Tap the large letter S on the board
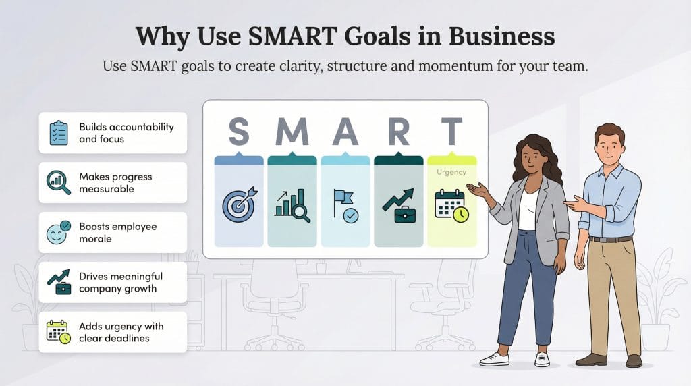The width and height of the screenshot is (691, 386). coord(238,132)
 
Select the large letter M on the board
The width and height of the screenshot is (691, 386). coord(292,132)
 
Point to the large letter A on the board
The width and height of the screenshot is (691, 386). coord(345,132)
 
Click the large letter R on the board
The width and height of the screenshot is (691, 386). coord(398,132)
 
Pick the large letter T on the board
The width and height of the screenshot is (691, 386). coord(451,132)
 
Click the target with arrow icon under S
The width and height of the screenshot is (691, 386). coord(239,204)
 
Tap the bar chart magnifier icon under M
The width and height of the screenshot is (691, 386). coord(292,205)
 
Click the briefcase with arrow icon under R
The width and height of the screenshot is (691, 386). coord(398,205)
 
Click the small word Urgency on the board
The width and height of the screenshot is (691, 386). coord(451,172)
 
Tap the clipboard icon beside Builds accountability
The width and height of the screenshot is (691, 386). coord(59,133)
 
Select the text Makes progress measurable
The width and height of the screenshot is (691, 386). coord(115,183)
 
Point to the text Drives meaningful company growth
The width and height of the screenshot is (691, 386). coord(120,283)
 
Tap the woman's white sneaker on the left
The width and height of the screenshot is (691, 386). coord(494,359)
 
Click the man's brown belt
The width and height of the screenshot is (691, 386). coord(610,239)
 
